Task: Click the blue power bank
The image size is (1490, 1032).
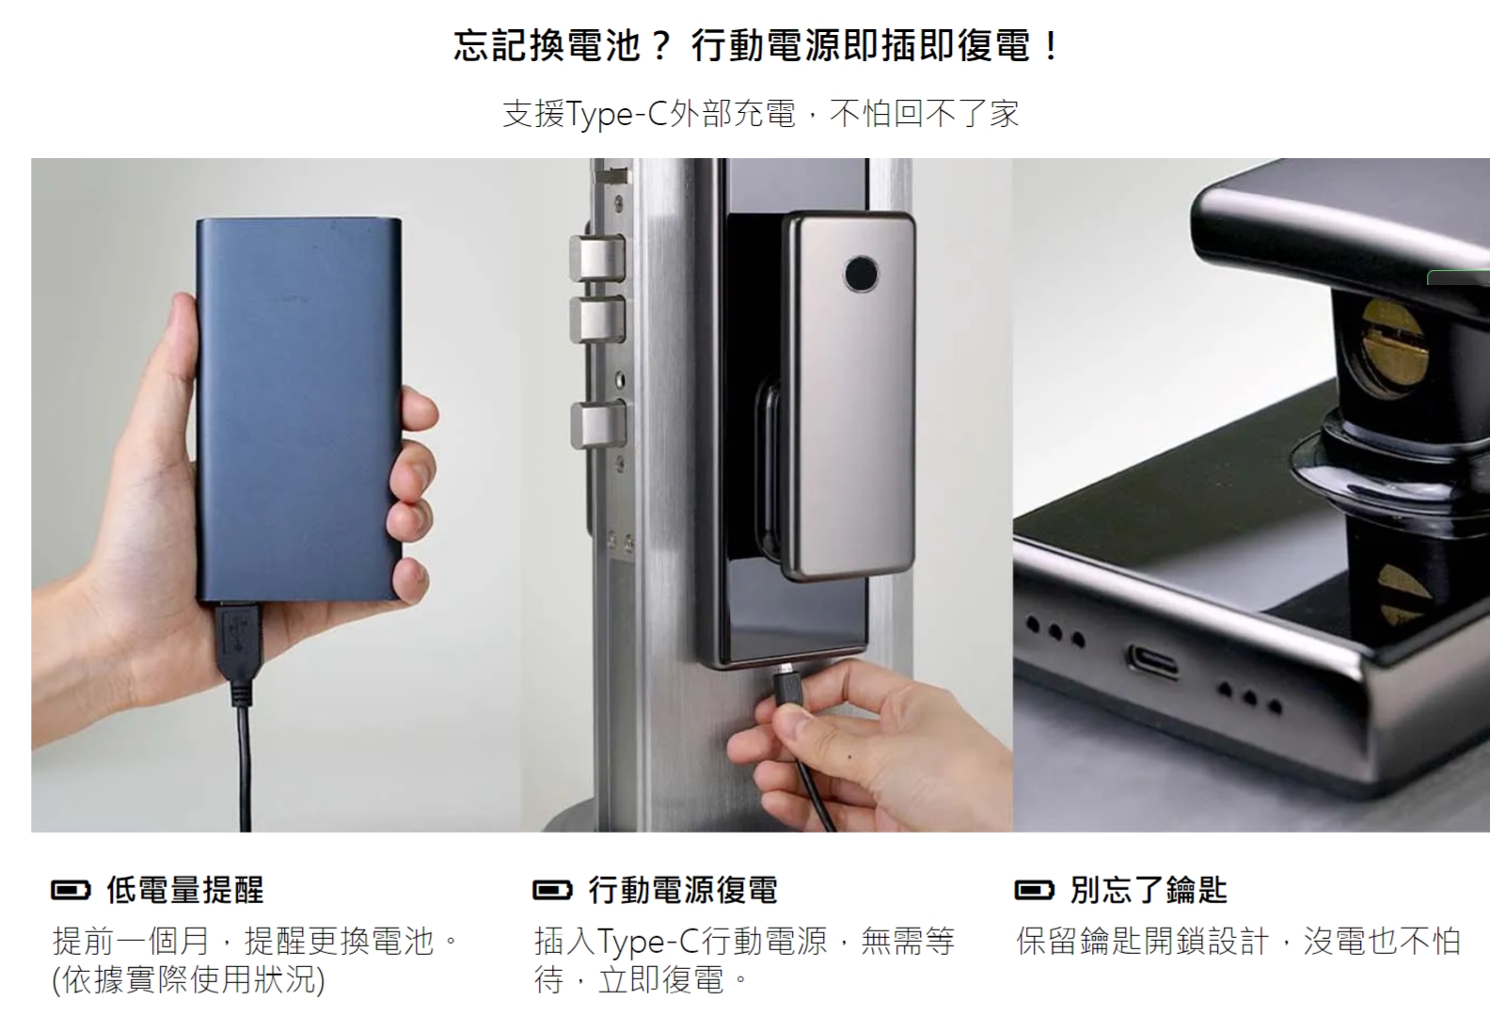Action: click(299, 409)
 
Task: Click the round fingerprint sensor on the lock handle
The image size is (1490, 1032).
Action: click(861, 273)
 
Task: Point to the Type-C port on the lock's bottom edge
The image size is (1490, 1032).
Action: click(1151, 660)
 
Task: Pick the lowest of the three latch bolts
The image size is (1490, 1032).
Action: click(598, 425)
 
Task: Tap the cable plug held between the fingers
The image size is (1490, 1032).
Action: click(788, 688)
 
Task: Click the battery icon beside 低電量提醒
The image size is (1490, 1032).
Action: click(71, 890)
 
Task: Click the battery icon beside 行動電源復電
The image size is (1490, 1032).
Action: click(552, 890)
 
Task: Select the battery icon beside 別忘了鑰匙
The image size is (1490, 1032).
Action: click(1034, 890)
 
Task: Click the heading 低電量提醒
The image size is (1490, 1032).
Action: click(185, 890)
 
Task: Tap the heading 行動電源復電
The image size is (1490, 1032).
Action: click(683, 890)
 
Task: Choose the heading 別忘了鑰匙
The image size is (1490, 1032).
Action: click(1149, 890)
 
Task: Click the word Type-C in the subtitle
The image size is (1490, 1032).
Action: click(615, 114)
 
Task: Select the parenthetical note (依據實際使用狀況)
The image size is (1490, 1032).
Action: click(188, 980)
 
